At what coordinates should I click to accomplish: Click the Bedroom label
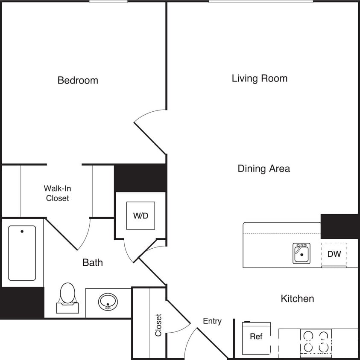[x=78, y=80]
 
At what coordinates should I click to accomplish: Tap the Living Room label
[x=259, y=78]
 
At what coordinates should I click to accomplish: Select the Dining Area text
[x=263, y=168]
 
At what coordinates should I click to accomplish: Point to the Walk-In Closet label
[x=57, y=193]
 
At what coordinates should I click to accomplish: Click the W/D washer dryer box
[x=140, y=216]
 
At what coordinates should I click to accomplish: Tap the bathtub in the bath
[x=22, y=253]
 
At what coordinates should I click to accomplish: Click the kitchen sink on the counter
[x=301, y=253]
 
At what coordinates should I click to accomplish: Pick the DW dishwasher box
[x=334, y=254]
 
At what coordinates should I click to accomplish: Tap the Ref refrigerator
[x=256, y=337]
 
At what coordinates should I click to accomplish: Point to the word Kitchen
[x=297, y=299]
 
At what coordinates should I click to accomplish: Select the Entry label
[x=212, y=321]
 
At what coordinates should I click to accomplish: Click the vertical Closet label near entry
[x=158, y=325]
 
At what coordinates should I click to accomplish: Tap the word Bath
[x=93, y=262]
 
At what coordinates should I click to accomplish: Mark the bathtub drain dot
[x=22, y=232]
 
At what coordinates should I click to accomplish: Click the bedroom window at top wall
[x=108, y=2]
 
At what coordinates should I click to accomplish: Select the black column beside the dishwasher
[x=340, y=226]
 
